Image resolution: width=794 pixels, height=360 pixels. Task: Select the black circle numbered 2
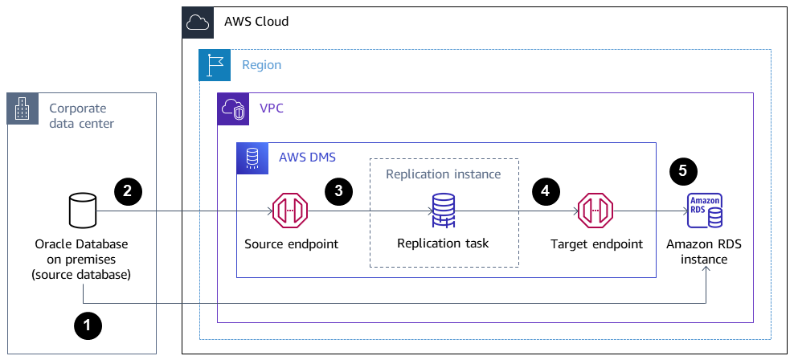tap(128, 190)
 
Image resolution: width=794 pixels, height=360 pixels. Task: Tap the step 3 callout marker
tap(338, 190)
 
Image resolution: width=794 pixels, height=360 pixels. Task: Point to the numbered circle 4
tap(546, 190)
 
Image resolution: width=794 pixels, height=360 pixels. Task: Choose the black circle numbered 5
tap(683, 170)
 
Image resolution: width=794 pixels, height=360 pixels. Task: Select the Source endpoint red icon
tap(290, 212)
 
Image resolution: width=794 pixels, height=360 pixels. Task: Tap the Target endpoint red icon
tap(596, 212)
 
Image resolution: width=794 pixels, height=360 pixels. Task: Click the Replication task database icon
tap(443, 211)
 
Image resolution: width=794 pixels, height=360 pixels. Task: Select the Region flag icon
tap(214, 65)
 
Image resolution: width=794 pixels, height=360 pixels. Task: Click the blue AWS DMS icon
tap(252, 158)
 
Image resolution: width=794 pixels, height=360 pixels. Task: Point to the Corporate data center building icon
tap(23, 108)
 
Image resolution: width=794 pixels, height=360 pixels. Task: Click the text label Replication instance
tap(443, 174)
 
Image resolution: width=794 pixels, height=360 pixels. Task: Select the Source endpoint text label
tap(291, 243)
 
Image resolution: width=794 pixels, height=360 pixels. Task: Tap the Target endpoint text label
tap(596, 243)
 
